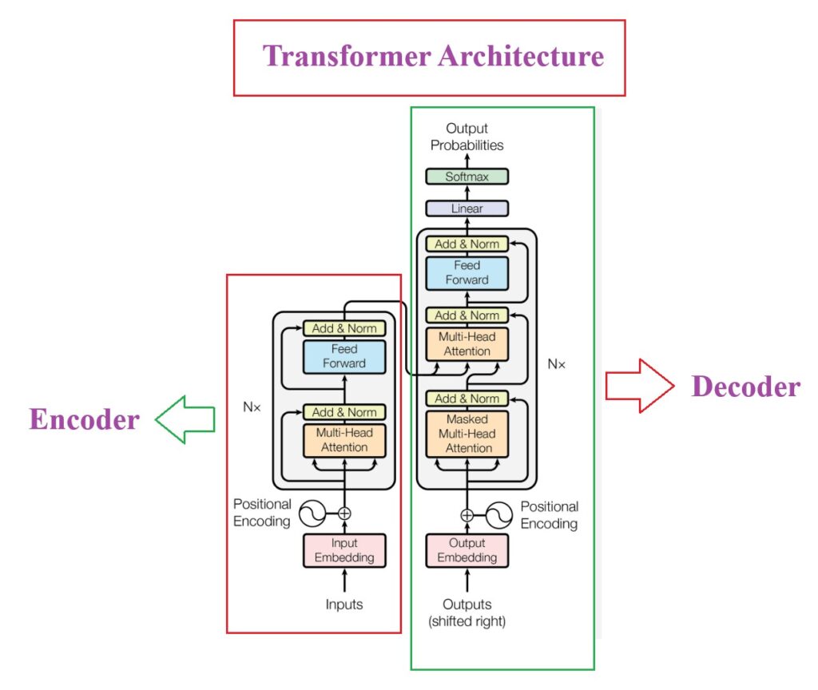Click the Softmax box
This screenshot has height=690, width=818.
click(x=467, y=176)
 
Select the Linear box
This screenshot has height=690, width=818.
click(x=467, y=208)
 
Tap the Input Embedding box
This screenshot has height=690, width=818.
click(x=344, y=550)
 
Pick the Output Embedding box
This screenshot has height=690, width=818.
click(x=467, y=550)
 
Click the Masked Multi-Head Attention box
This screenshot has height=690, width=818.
click(x=467, y=434)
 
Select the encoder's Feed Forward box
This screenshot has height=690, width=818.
click(x=344, y=356)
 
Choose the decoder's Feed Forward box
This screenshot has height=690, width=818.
click(x=467, y=272)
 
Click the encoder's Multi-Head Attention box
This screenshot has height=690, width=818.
click(x=344, y=440)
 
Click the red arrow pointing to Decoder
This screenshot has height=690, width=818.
click(x=635, y=386)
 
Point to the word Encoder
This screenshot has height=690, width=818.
click(x=84, y=419)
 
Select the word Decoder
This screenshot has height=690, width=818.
click(x=745, y=387)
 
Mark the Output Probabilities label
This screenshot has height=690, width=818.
click(x=467, y=137)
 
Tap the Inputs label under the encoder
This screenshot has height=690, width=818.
click(x=344, y=605)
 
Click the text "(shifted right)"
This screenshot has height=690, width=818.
click(x=467, y=621)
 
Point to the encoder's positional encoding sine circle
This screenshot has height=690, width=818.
click(x=312, y=514)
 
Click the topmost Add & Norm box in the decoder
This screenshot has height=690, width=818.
click(x=467, y=244)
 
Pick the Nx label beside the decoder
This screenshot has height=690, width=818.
click(x=557, y=363)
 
